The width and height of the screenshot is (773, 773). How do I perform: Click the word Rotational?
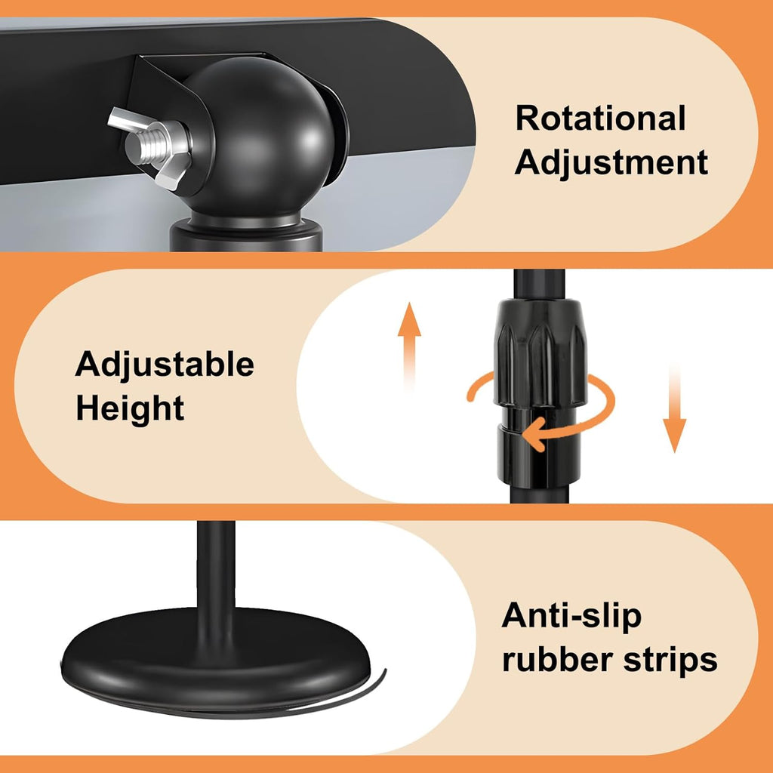[600, 119]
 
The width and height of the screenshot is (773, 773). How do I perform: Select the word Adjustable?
[165, 365]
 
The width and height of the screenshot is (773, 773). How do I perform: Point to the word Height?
[130, 408]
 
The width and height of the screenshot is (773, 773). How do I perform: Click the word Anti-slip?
[571, 616]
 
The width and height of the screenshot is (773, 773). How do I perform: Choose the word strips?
[670, 661]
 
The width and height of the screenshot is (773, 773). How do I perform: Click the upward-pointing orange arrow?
[409, 345]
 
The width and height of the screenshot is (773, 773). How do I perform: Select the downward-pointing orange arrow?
[674, 408]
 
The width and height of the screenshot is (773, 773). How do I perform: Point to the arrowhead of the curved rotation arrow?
[535, 435]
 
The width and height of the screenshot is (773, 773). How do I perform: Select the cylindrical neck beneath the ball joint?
[246, 236]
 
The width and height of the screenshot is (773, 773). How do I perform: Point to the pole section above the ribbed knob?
[538, 285]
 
